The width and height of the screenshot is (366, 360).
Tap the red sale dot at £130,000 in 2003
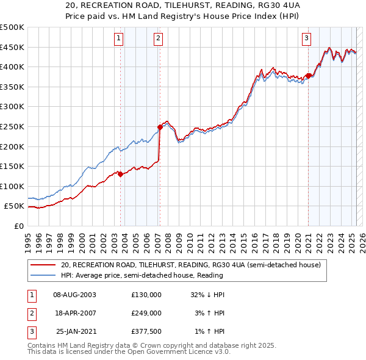121,174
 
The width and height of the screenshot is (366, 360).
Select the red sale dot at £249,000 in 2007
160,127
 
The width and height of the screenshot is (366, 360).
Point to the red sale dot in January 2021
308,76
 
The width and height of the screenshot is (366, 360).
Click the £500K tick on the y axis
12,27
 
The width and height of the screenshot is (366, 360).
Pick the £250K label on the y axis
12,126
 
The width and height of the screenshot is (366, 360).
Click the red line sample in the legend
43,265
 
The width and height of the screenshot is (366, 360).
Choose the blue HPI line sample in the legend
43,275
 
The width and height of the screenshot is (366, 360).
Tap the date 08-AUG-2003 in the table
75,295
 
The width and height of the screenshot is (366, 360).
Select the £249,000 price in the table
146,313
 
